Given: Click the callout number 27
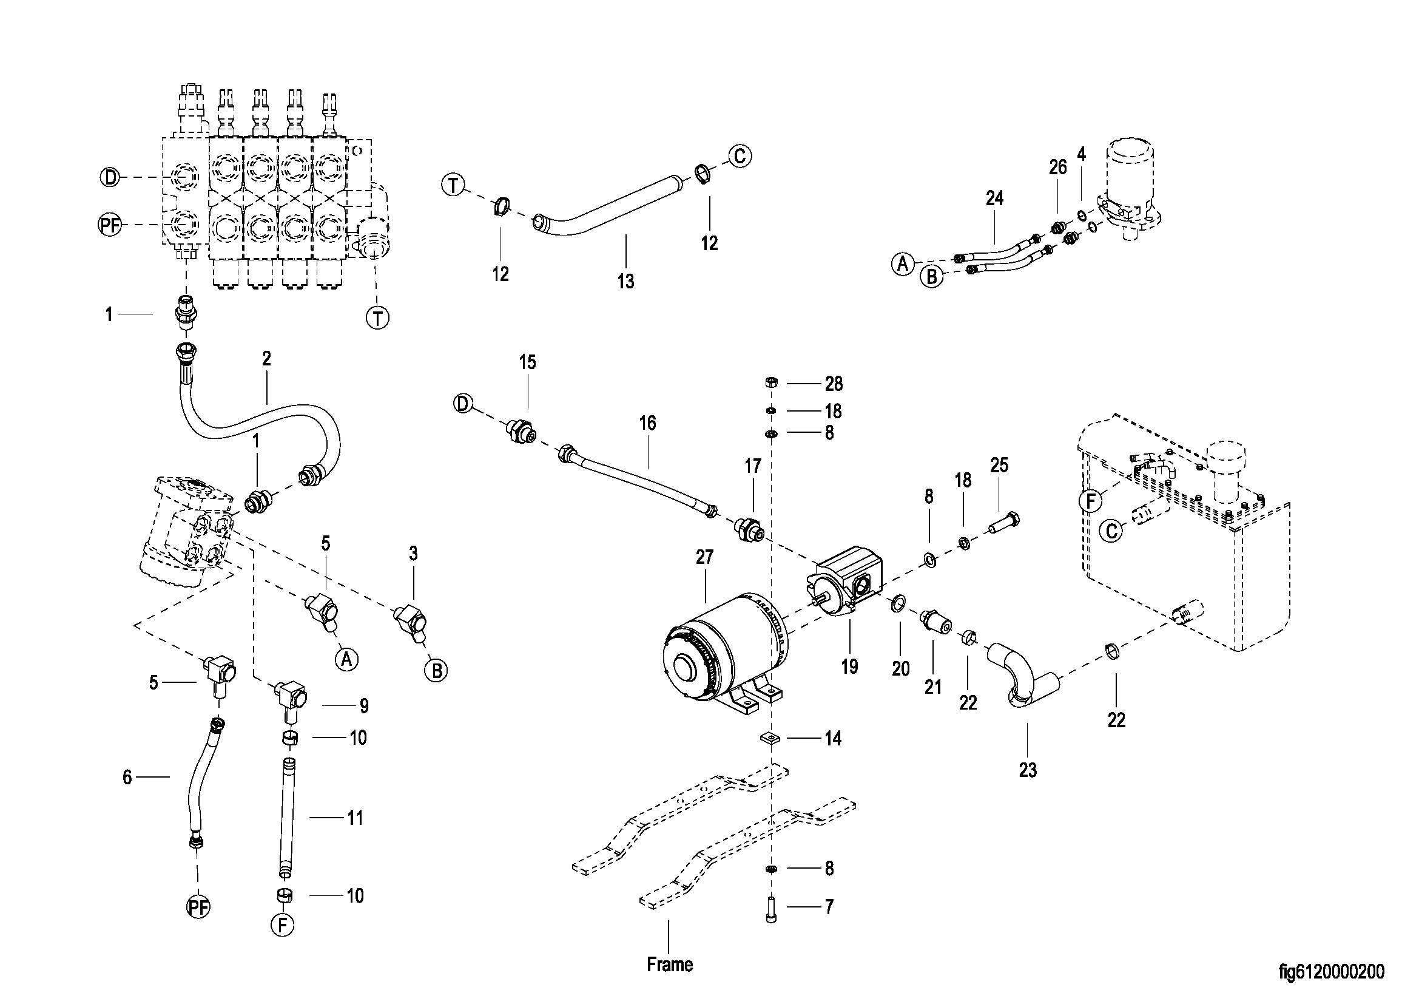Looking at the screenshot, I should point(704,557).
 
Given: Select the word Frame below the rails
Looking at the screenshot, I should point(669,965).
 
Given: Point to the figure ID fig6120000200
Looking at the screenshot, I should point(1331,972).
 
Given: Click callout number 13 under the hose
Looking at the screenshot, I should point(625,281).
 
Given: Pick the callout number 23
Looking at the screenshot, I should point(1028,770).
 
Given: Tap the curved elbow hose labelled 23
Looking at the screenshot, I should point(1020,674).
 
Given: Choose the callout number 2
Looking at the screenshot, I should point(266,359).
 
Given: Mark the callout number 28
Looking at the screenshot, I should point(834,384).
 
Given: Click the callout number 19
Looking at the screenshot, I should point(850,667).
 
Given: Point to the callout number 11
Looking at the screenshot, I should point(355,818).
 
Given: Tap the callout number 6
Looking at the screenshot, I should point(127,777).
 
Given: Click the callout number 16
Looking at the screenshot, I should point(647,423).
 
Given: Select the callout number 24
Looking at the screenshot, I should point(994,198).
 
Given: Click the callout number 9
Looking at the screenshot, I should point(364,705).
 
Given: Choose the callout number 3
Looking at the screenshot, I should point(414,554).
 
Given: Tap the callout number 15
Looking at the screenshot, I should point(527,362).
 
